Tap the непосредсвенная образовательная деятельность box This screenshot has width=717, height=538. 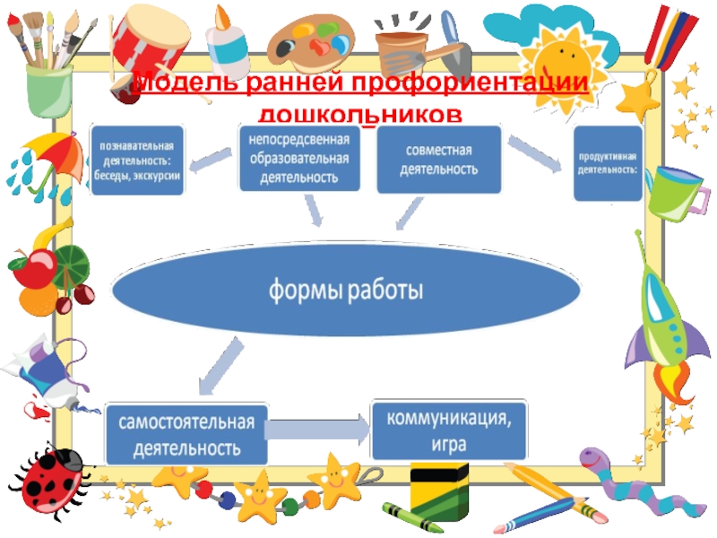point(298,157)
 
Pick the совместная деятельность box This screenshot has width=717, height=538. point(437,160)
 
